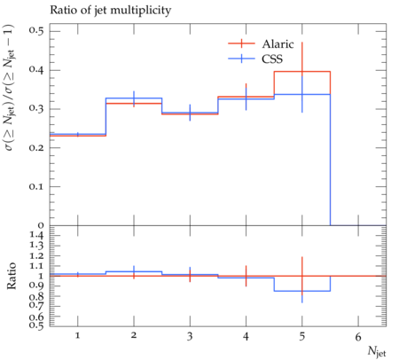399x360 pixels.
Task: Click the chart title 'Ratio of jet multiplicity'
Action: (x=111, y=11)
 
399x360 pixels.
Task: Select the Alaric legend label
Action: (x=278, y=44)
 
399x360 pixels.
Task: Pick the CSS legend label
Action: (x=272, y=59)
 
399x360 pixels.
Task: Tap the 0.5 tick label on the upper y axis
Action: (x=36, y=31)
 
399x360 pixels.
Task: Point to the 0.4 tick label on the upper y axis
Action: (x=36, y=70)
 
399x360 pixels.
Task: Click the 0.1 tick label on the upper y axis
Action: (x=36, y=186)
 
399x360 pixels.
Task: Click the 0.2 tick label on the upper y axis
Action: (x=36, y=147)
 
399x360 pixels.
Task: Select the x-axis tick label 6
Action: (x=358, y=336)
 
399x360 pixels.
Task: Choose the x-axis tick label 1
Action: (x=78, y=336)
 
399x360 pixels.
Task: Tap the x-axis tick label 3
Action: (x=190, y=336)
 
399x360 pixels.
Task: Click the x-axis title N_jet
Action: (x=377, y=352)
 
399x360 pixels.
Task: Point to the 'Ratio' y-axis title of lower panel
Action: (x=11, y=276)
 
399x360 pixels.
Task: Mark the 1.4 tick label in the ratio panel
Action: (x=36, y=236)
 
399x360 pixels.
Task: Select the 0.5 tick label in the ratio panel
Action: (x=36, y=325)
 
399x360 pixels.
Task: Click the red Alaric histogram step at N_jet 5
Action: (x=302, y=72)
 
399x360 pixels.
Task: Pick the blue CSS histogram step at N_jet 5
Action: (x=302, y=95)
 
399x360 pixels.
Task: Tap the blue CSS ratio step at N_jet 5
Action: (x=302, y=291)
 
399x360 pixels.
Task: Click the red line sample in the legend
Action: (x=241, y=43)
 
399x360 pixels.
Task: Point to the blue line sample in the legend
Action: (x=241, y=59)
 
